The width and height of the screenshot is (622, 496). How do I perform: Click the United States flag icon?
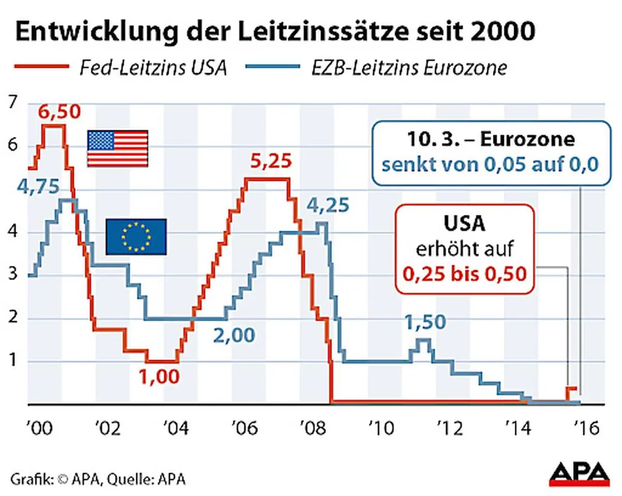click(118, 148)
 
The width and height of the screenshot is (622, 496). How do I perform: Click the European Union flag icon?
click(136, 236)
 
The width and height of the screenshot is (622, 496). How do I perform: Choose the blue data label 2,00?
click(234, 335)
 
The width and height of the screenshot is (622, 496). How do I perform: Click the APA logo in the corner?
click(579, 473)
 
